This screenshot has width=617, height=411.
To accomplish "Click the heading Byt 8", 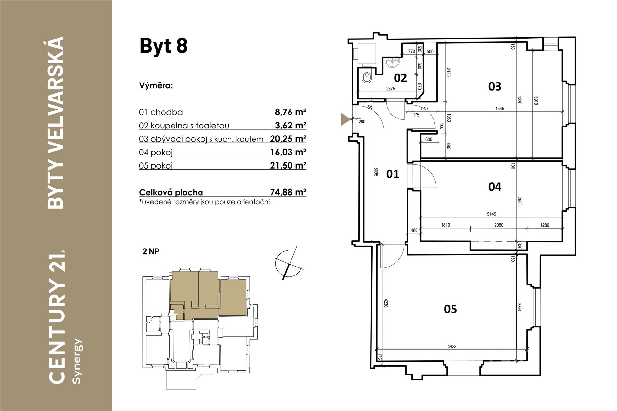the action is click(x=164, y=46).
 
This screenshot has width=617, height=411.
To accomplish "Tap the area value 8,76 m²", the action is click(x=291, y=112).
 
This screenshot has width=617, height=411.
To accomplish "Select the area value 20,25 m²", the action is click(x=288, y=138).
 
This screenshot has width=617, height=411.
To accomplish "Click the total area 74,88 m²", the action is click(x=288, y=192).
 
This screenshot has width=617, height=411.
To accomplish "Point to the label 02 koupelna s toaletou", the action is click(x=184, y=126).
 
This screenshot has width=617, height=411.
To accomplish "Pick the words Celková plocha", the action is click(x=171, y=192).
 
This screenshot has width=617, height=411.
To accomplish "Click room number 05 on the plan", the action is click(x=450, y=309).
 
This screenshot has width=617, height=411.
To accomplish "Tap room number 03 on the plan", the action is click(x=495, y=86).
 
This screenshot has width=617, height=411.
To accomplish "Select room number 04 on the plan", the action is click(x=495, y=187).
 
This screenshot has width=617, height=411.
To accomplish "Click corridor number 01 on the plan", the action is click(x=392, y=174).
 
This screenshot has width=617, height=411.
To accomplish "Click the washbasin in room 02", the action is click(x=392, y=62).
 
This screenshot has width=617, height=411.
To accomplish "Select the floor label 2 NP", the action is click(x=151, y=251).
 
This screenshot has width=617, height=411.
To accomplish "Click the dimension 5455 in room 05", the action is click(x=452, y=346).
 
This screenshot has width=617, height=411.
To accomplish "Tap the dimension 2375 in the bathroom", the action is click(x=390, y=89).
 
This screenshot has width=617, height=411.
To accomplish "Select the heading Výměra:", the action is click(x=156, y=86).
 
